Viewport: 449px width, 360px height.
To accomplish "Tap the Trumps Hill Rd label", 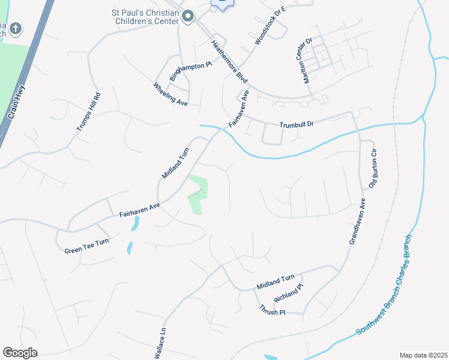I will [88, 112].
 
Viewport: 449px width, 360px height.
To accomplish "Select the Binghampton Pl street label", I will [191, 71].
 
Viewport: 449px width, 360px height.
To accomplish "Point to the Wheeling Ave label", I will [170, 94].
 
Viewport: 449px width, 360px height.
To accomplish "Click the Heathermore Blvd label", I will [229, 61].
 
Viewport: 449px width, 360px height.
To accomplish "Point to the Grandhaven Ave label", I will [357, 221].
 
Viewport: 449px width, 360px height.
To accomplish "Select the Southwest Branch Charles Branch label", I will [384, 284].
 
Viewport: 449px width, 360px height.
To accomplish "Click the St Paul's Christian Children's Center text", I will [145, 16].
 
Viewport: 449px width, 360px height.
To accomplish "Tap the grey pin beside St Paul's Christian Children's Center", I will [188, 16].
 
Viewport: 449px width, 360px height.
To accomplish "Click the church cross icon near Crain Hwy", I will [16, 28].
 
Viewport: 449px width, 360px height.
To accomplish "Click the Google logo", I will [20, 353].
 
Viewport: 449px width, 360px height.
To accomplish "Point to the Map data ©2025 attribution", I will [423, 355].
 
